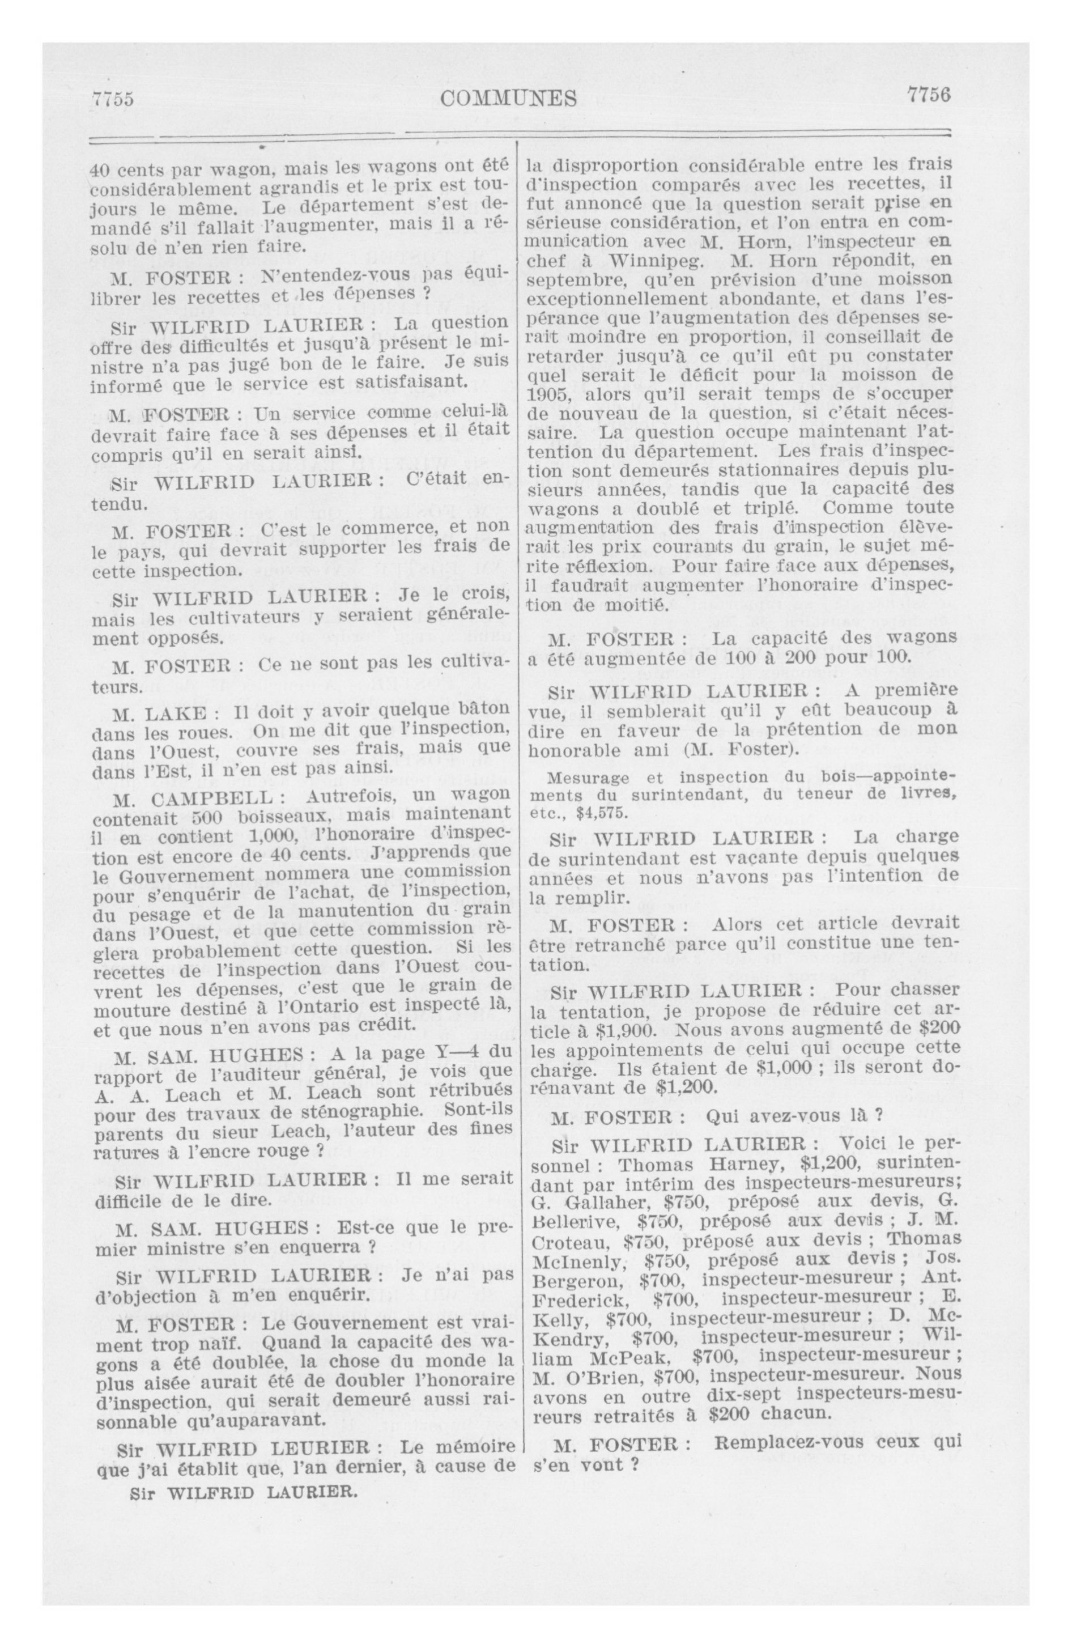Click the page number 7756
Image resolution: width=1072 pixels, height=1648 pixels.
click(x=928, y=95)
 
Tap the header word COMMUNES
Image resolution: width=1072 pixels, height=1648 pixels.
click(x=508, y=99)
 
